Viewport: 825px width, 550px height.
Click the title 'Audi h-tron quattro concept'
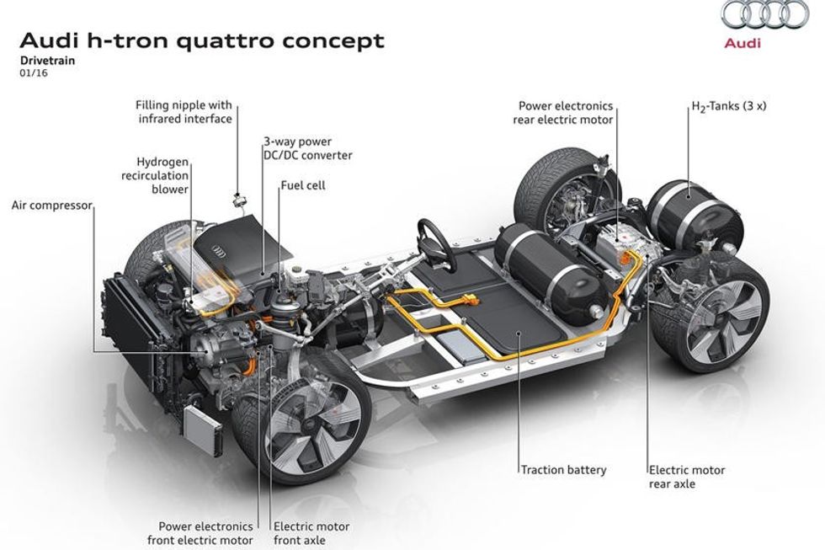click(x=202, y=40)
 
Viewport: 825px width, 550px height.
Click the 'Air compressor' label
click(x=51, y=205)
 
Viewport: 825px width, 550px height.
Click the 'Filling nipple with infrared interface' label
click(x=184, y=113)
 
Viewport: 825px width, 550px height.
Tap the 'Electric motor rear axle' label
click(x=686, y=477)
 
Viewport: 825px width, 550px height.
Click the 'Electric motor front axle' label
click(x=311, y=533)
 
